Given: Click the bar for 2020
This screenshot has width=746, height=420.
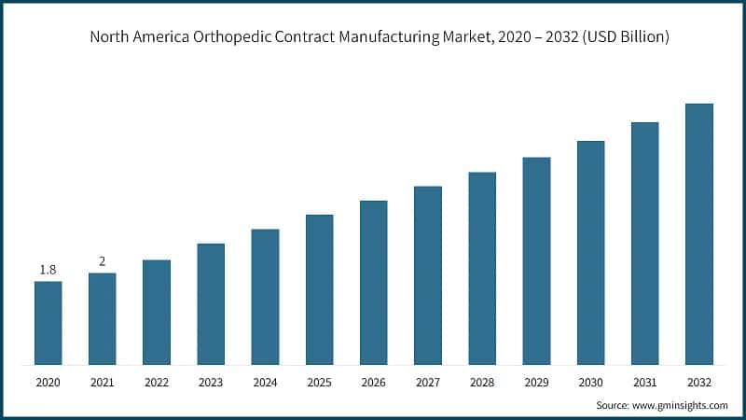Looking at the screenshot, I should click(48, 322).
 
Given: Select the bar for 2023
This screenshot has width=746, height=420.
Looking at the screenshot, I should click(211, 303).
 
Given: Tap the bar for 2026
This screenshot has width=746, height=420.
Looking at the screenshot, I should click(374, 282).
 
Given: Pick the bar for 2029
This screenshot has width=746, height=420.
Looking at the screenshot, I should click(536, 260).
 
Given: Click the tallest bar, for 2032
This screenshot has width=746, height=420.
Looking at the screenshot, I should click(699, 233).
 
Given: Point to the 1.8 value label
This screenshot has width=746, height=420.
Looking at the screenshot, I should click(48, 270).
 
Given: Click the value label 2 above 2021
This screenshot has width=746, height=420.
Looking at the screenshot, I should click(103, 261).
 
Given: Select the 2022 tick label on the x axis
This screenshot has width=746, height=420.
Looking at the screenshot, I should click(157, 382).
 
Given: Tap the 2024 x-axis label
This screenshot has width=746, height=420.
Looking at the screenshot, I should click(265, 382).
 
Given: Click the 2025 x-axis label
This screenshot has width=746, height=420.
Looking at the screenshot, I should click(320, 382).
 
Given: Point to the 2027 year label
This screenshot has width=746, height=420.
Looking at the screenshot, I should click(428, 382).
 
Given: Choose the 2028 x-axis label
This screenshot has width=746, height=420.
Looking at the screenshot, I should click(482, 382).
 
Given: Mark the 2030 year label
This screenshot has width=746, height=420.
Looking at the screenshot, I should click(590, 382).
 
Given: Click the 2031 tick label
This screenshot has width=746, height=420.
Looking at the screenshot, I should click(645, 382).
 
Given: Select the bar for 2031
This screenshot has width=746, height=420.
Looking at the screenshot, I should click(645, 243).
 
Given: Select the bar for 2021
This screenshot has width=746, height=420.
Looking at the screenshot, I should click(103, 318).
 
